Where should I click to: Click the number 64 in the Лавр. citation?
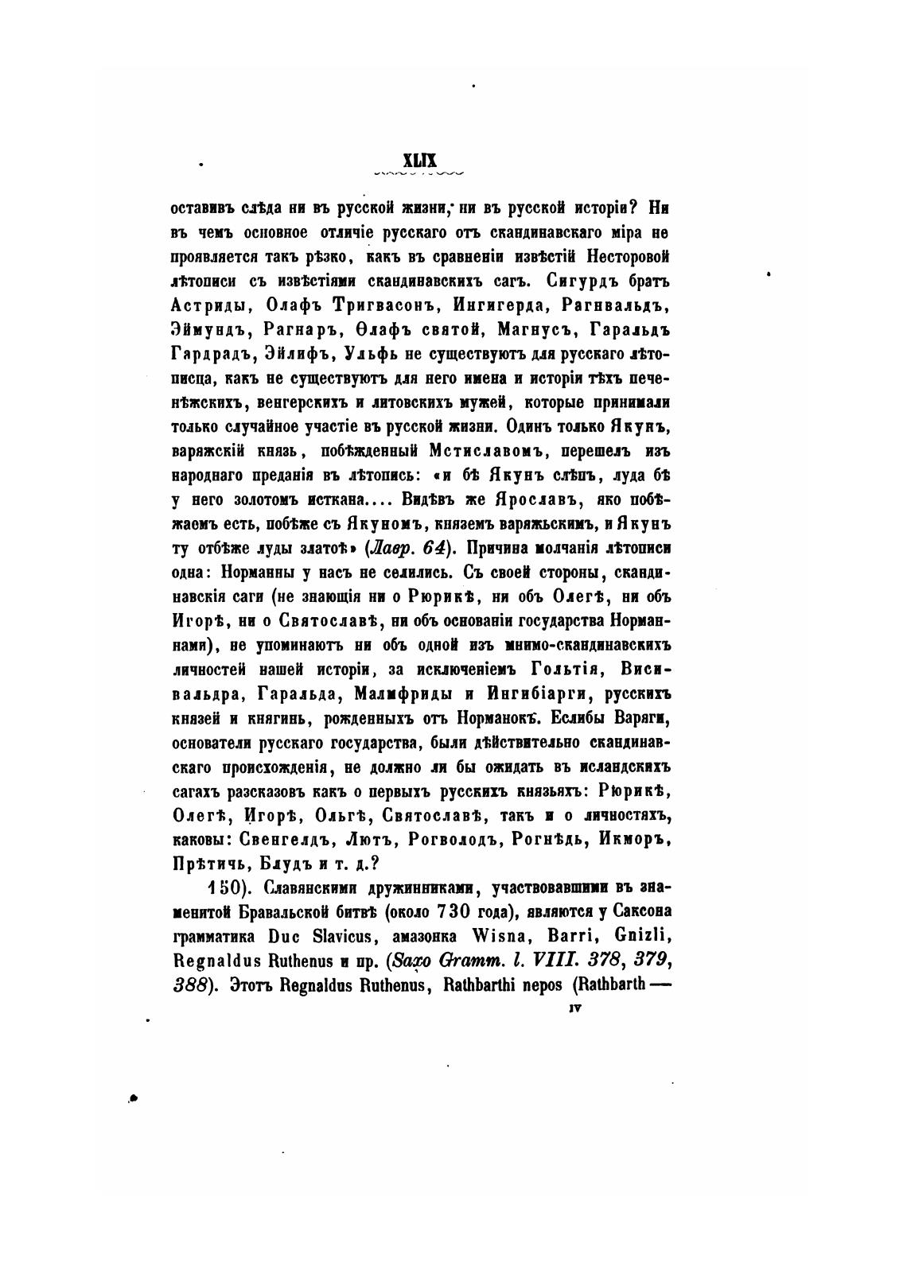point(432,547)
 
